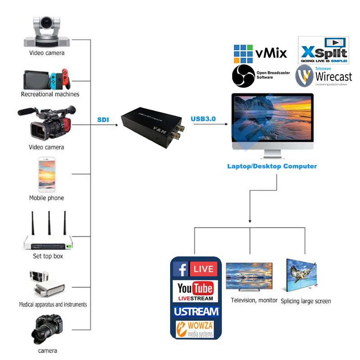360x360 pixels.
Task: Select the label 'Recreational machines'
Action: click(50, 94)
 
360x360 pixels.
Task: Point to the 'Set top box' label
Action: click(48, 256)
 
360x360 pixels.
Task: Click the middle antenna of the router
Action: click(48, 227)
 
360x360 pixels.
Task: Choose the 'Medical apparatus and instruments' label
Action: click(53, 305)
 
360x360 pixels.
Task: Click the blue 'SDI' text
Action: click(103, 120)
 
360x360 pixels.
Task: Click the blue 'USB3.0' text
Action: click(203, 119)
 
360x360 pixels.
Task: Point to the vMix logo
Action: click(260, 54)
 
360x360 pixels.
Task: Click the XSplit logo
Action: click(324, 50)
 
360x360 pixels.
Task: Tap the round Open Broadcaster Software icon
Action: click(243, 76)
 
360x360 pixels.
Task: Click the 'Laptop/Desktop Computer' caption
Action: click(272, 166)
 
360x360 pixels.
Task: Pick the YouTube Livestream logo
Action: click(195, 291)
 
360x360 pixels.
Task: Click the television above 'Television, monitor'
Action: click(249, 275)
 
